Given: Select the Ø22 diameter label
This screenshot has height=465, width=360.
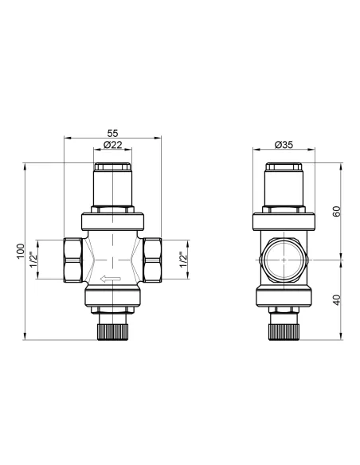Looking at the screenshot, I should pos(113,145).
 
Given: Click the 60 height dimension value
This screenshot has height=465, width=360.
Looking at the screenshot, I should pos(338,212).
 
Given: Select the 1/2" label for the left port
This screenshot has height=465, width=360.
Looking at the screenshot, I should pos(34,260).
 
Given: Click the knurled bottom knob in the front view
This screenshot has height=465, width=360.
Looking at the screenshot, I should pos(113,328).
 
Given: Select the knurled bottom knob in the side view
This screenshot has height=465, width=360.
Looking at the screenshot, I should pos(284,328).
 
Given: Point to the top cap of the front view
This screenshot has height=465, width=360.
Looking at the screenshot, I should pos(113,171).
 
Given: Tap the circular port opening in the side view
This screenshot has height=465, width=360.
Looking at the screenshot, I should pos(284,260).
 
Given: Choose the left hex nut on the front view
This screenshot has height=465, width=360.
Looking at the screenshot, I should pos(72,260).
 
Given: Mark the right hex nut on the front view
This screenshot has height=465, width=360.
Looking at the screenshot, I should pos(153,260).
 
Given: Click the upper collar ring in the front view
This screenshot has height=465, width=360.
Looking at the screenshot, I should pos(113,219).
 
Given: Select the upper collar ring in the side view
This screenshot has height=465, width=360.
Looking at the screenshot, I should pos(284,219).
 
